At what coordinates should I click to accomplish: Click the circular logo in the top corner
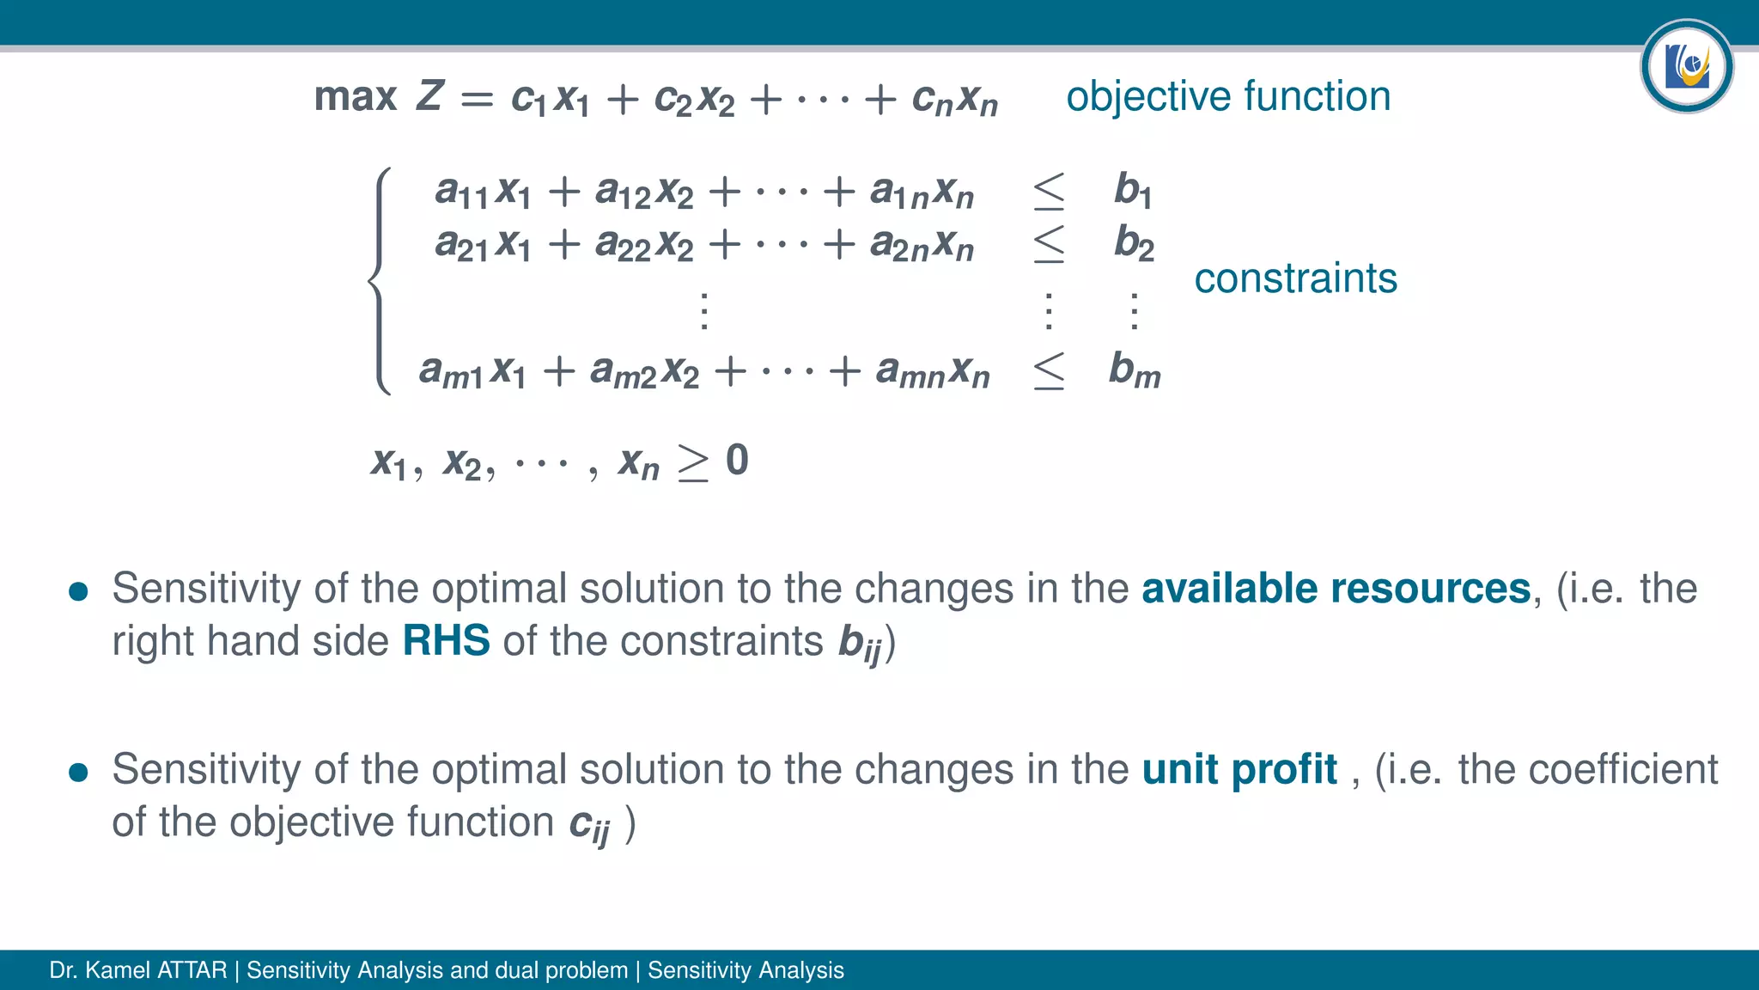(x=1686, y=66)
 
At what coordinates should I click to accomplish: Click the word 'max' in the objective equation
(x=356, y=97)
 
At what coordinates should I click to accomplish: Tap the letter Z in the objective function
(x=429, y=95)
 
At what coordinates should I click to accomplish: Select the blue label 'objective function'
(x=1228, y=96)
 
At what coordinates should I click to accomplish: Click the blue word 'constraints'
(x=1295, y=278)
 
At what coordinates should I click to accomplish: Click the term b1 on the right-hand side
(x=1132, y=190)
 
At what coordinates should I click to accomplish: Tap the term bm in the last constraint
(x=1134, y=370)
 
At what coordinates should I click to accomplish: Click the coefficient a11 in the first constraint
(x=461, y=192)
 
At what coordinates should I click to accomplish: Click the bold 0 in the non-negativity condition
(x=737, y=461)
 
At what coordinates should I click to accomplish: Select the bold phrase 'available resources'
(x=1336, y=589)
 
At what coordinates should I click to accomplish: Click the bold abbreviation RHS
(x=446, y=641)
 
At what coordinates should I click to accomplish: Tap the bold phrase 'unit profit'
(x=1239, y=769)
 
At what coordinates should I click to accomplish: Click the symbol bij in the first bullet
(x=860, y=644)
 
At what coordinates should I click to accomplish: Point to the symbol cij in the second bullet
(x=589, y=825)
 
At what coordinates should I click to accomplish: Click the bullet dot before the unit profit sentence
(x=78, y=772)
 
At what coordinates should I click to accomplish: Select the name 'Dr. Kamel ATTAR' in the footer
(x=138, y=970)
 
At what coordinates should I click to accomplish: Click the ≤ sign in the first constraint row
(x=1049, y=191)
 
